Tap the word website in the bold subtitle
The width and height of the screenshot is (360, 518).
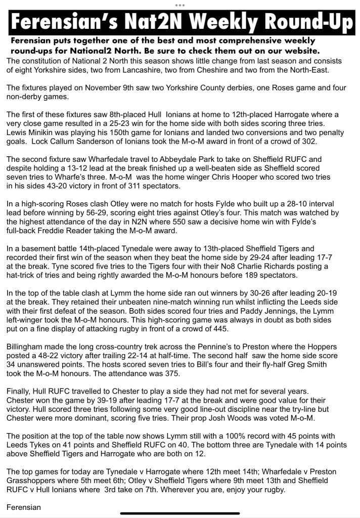tap(299, 51)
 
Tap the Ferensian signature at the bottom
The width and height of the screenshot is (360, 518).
tap(24, 507)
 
